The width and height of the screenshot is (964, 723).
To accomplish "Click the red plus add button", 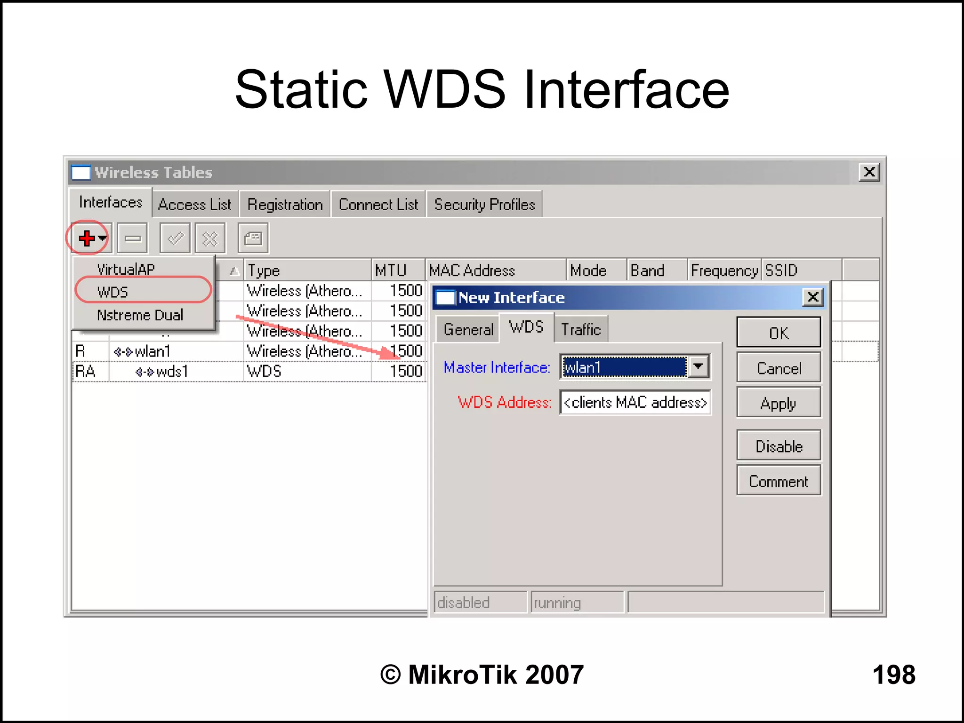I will coord(87,238).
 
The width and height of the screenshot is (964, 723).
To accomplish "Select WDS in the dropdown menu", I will coord(112,292).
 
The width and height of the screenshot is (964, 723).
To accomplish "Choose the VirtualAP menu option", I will coord(126,269).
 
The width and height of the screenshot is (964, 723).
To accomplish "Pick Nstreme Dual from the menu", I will coord(140,315).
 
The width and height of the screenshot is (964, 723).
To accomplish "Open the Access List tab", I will coord(194,205).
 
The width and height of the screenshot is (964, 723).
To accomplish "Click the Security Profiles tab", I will coord(484,205).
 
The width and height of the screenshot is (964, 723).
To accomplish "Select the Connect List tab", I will coord(378,205).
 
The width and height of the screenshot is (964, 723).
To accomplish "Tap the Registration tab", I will coord(285,205).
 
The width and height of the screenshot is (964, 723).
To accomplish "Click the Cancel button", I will coord(779,368).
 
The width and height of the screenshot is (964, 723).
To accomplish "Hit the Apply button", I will coord(779,403).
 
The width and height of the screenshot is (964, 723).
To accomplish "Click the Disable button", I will coord(779,446).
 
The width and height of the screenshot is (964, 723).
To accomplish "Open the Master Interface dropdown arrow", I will coord(699,366).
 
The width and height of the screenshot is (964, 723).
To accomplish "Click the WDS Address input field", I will coord(635,402).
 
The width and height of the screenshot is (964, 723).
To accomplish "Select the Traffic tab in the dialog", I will coord(581,329).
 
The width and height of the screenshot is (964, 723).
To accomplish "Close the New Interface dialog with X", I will coord(813,297).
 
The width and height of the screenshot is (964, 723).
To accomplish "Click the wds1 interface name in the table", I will coord(172,372).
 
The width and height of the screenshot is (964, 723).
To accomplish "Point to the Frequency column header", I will coord(724,270).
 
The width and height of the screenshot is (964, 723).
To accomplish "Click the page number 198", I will coord(894,674).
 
